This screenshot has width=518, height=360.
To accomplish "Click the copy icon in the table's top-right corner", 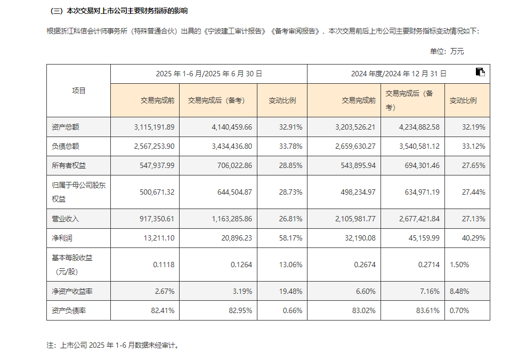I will (480, 73).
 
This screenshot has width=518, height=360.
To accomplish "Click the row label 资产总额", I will (66, 127).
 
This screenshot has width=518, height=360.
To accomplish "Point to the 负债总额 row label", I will (66, 146).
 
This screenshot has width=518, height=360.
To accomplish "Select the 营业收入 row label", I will (66, 219).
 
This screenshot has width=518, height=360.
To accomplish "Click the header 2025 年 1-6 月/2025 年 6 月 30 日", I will (209, 74).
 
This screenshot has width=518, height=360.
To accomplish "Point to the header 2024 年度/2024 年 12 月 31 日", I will (399, 74).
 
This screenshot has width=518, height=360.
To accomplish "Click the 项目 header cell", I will (79, 91).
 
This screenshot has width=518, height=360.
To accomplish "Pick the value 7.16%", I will (429, 291).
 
